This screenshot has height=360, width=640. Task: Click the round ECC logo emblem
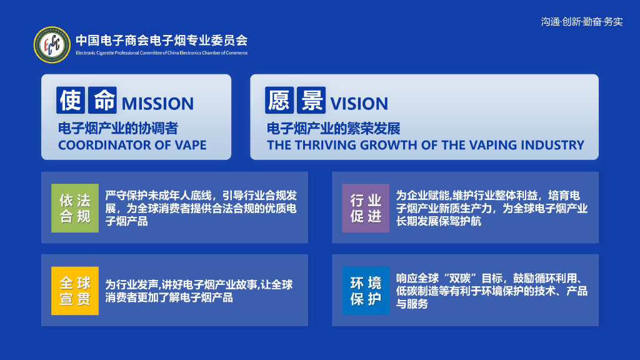click(x=52, y=45)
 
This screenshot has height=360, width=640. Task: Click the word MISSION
click(x=157, y=104)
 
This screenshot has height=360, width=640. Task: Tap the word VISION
click(x=359, y=104)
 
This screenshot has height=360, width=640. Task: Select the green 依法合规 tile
click(x=75, y=208)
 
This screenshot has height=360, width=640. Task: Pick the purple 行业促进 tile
click(x=366, y=208)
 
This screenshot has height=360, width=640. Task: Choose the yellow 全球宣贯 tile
click(x=75, y=291)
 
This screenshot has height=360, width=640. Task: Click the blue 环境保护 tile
click(x=366, y=291)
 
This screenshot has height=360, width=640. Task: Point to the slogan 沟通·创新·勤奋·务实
click(x=582, y=22)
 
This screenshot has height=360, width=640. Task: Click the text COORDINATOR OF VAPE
click(x=132, y=145)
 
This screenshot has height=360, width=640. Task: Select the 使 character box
click(x=71, y=100)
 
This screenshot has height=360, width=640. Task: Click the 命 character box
click(x=102, y=100)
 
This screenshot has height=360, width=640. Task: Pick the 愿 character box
click(x=279, y=100)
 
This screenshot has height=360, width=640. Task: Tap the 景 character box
click(x=311, y=100)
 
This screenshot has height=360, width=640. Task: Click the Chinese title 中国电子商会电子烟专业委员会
click(x=162, y=41)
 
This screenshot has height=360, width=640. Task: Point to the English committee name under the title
click(x=162, y=52)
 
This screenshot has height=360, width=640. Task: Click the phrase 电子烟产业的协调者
click(x=118, y=129)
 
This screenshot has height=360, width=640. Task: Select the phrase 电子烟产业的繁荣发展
click(x=334, y=129)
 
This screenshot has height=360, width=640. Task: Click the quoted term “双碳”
click(x=459, y=278)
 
